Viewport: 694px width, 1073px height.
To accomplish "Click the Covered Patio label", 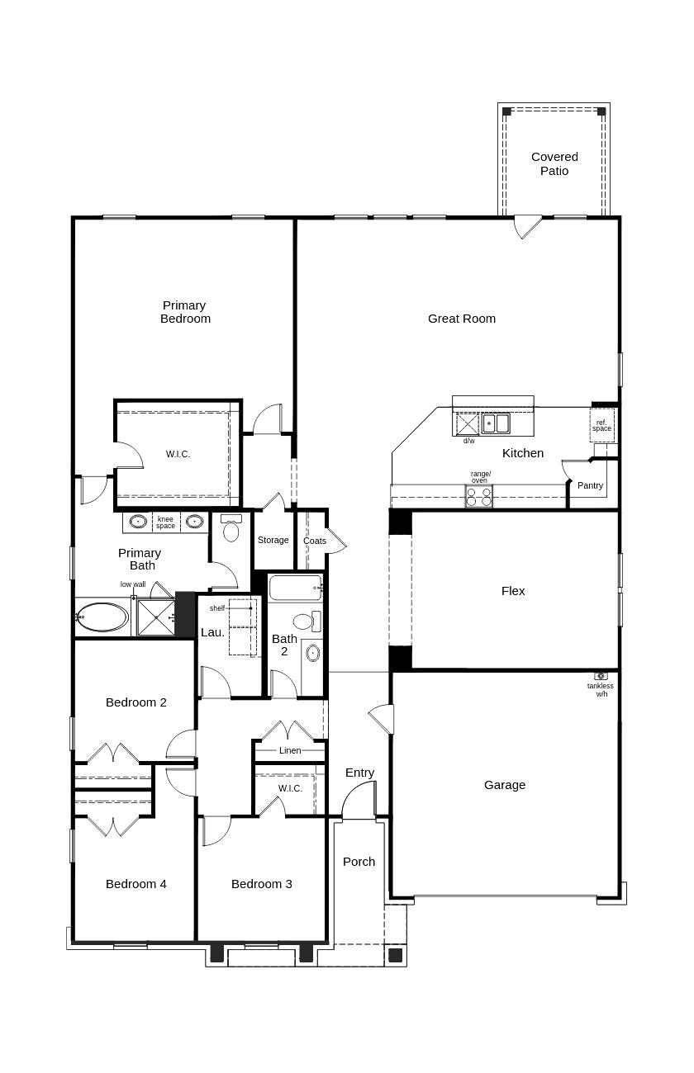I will (x=554, y=163).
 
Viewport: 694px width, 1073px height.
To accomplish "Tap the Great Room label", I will (x=461, y=319).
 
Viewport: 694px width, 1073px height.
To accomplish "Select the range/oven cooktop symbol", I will (x=479, y=496).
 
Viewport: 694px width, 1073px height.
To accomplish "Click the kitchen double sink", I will (x=496, y=423).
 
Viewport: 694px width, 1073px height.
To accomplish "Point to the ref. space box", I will (x=601, y=425).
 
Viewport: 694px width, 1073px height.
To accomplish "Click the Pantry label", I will (x=590, y=486).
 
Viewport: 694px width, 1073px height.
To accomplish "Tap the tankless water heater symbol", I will (x=601, y=676).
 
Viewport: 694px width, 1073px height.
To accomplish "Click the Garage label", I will (x=504, y=785).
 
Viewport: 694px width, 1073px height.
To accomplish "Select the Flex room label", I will (x=513, y=591).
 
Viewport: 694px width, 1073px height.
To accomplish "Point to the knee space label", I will (x=165, y=522).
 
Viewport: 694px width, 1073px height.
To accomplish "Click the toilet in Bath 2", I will (x=303, y=622).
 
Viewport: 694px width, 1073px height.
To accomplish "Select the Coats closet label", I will (x=314, y=541).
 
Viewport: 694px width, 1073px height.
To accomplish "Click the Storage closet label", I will (x=273, y=540).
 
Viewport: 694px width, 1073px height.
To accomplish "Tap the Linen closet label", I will (x=290, y=750).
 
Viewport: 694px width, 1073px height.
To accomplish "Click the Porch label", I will (x=359, y=862).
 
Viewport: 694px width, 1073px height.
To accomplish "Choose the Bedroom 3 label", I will (x=261, y=884).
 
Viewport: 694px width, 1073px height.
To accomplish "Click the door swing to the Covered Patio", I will (x=527, y=226).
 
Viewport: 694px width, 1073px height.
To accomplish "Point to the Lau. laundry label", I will (x=212, y=632).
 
